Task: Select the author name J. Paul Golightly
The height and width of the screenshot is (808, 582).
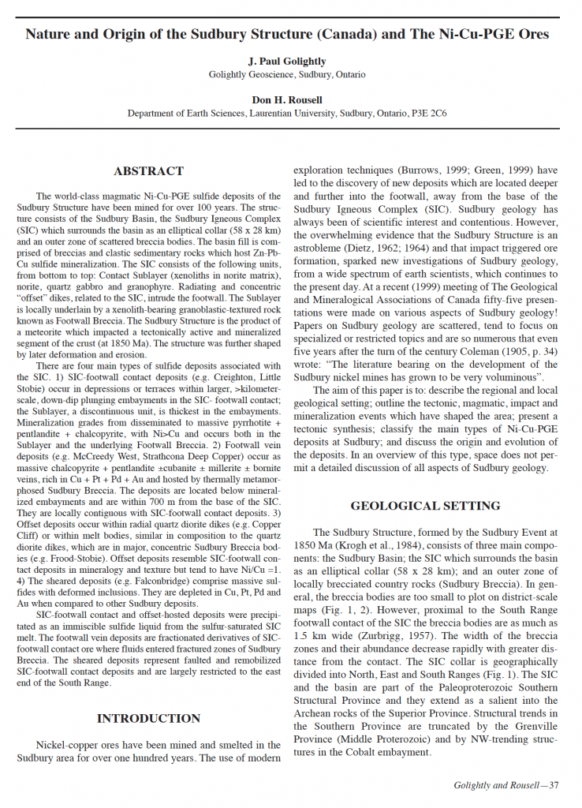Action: pos(287,60)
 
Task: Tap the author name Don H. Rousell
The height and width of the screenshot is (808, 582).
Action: pos(287,99)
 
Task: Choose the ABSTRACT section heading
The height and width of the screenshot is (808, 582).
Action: pos(148,171)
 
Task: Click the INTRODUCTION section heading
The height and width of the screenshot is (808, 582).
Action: pos(148,719)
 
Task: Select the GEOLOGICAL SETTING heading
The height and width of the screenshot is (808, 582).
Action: pos(425,506)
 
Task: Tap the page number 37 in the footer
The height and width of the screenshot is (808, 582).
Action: pos(554,785)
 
